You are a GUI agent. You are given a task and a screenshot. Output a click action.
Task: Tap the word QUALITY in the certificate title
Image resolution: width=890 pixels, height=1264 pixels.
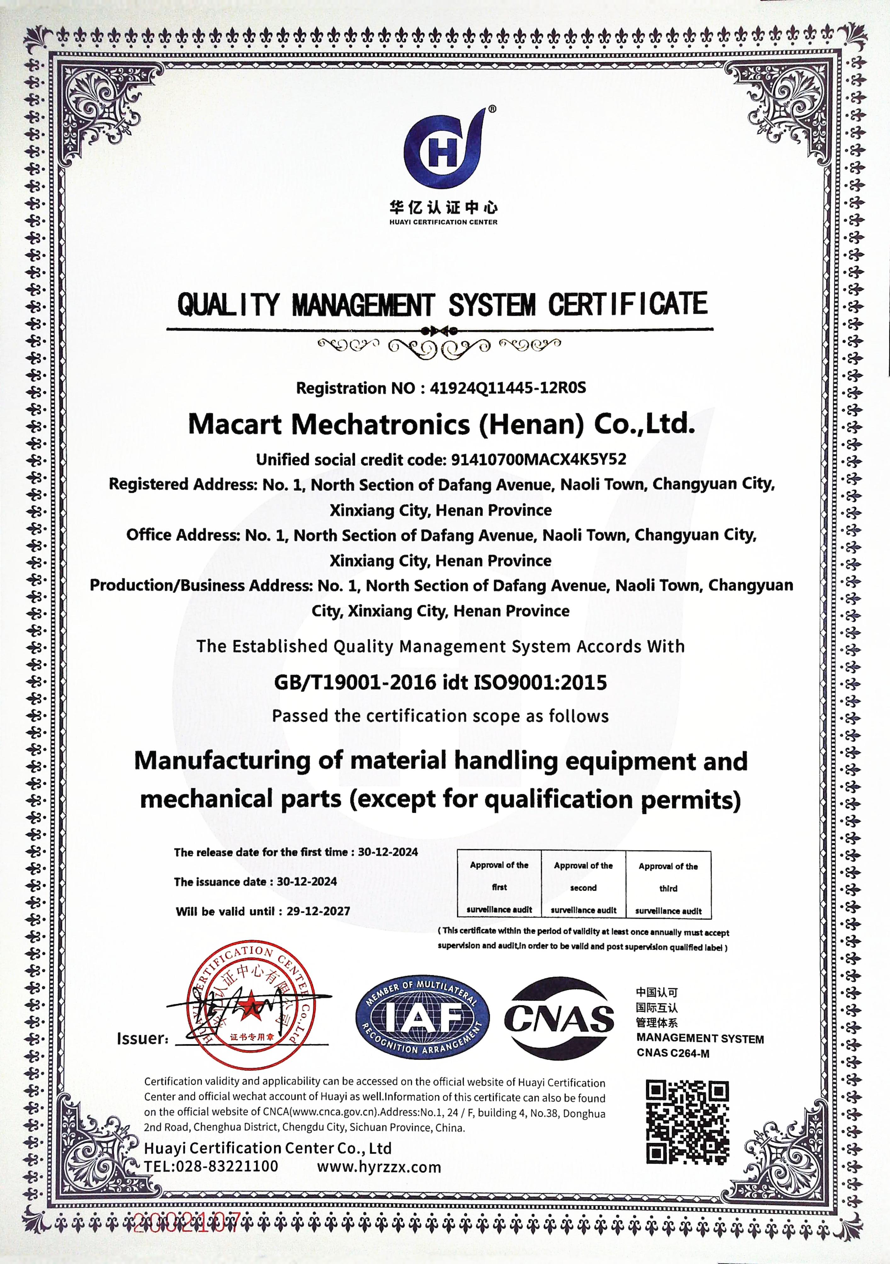click(x=229, y=305)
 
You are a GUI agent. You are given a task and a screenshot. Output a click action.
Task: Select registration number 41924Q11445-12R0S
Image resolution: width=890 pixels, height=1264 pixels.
click(x=507, y=388)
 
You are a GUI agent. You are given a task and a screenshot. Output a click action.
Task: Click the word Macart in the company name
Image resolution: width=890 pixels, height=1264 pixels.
click(x=235, y=424)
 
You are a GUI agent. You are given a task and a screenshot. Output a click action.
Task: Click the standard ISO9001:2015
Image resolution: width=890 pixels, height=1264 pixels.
click(x=539, y=683)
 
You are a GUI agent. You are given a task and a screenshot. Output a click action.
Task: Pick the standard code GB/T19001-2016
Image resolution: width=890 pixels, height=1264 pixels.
click(x=355, y=683)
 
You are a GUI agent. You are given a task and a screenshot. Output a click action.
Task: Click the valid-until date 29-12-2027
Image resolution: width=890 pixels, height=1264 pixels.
click(x=318, y=911)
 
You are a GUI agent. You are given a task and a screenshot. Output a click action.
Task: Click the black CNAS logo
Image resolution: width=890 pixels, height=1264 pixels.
click(x=559, y=1018)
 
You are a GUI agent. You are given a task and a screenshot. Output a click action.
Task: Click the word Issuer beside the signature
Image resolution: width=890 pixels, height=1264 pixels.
click(x=142, y=1038)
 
